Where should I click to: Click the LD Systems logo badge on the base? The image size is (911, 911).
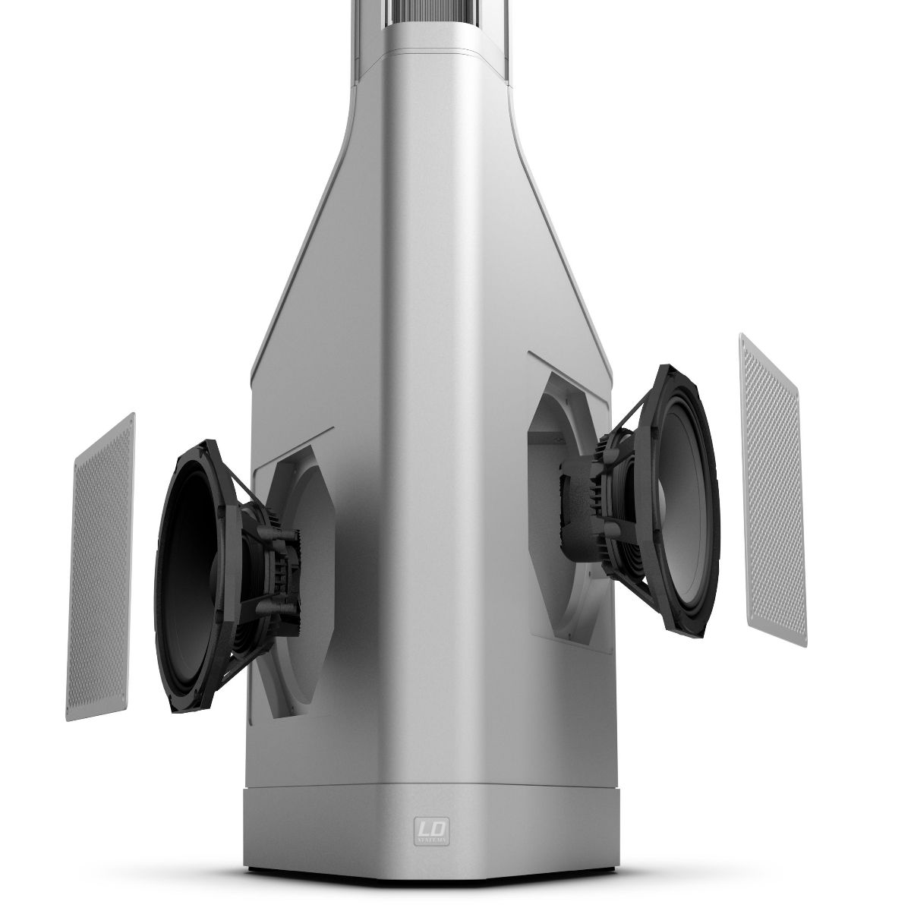tap(431, 830)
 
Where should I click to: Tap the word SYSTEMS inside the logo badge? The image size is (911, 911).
tap(431, 840)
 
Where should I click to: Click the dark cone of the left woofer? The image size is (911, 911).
tap(190, 577)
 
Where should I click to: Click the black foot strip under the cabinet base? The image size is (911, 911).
tap(430, 900)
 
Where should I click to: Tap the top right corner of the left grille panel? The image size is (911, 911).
tap(134, 415)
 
